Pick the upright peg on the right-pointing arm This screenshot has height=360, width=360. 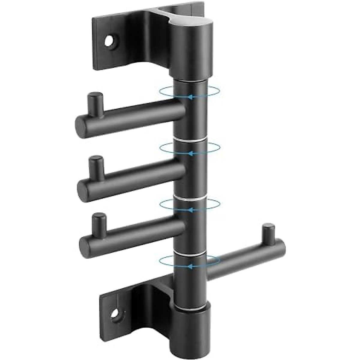pos(268,233)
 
